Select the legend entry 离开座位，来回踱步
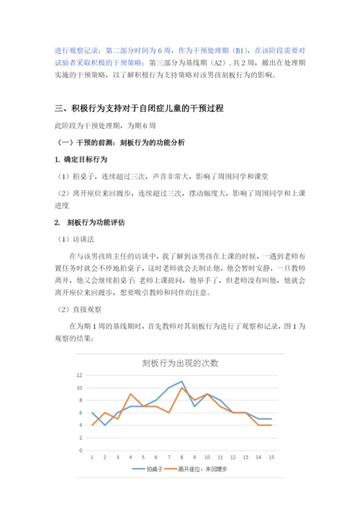[210, 469]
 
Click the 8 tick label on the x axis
[182, 456]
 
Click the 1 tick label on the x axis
[92, 456]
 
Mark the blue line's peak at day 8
[182, 382]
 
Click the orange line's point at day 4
[131, 395]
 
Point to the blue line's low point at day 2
[105, 425]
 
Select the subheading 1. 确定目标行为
[82, 158]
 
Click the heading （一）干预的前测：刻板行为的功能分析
[124, 143]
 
